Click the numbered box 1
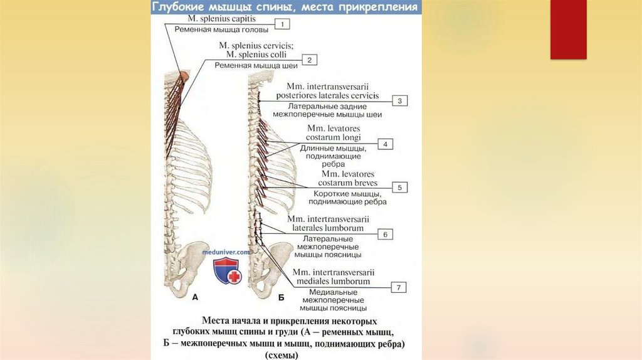pos(283,24)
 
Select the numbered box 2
pos(309,60)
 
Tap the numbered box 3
pos(400,100)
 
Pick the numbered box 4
pos(385,144)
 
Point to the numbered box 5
pos(399,187)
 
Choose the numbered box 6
pos(386,234)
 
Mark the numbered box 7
pos(398,287)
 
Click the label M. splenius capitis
pos(223,19)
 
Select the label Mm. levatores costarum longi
pos(333,132)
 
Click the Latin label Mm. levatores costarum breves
pos(348,178)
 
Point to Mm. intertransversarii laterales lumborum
pos(327,223)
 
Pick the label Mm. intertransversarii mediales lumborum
pos(333,277)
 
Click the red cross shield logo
pos(226,270)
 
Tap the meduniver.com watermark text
pos(226,251)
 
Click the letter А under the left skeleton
pos(195,297)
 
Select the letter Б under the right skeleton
pos(280,299)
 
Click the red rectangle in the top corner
pos(568,29)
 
